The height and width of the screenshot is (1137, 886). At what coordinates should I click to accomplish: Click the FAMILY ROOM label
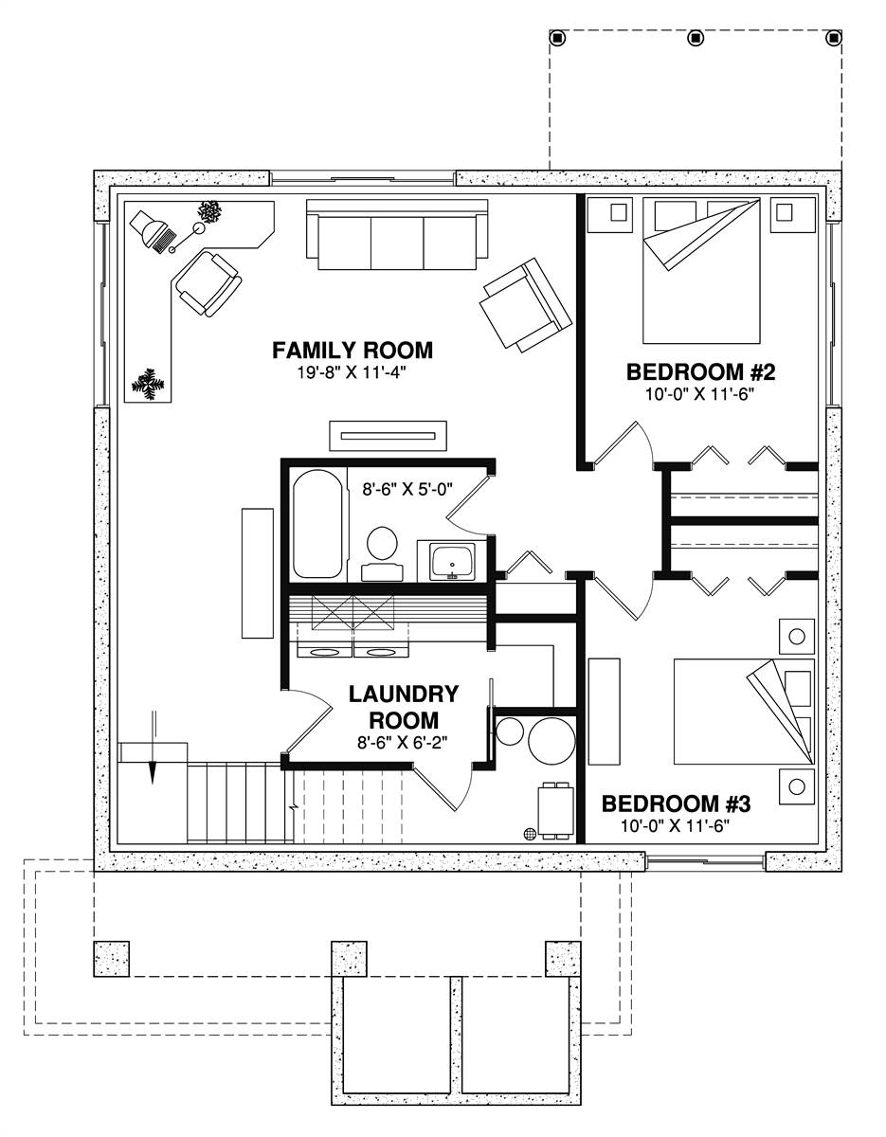pos(353,350)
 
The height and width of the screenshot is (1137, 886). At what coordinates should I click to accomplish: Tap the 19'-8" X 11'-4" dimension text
pos(353,372)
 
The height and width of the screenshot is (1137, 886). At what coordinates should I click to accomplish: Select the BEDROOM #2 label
pos(700,372)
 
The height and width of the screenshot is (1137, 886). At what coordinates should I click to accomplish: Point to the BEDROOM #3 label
pos(676,803)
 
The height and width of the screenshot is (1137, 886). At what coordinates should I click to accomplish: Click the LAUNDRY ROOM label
pos(403,707)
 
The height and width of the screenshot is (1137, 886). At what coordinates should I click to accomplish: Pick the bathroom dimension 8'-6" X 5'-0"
pos(407,489)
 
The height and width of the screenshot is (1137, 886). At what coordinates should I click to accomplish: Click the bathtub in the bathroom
pos(317,523)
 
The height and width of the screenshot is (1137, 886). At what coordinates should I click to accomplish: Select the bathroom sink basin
pos(452,562)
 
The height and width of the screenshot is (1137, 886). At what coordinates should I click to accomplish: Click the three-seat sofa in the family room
pos(397,234)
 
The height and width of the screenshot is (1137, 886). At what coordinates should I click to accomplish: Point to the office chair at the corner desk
pos(208,284)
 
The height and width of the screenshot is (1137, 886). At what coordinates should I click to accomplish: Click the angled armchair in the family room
pos(527,305)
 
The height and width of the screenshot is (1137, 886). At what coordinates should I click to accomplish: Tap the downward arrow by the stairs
pos(153,748)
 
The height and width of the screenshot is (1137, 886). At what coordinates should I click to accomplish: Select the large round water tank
pos(551,741)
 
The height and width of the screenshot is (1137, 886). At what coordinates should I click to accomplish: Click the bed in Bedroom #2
pos(701,270)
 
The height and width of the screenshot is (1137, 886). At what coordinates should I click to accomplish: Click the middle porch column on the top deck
pos(695,38)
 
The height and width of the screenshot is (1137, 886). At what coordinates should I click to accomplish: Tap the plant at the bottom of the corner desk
pos(148,385)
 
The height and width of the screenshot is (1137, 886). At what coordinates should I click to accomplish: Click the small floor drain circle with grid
pos(530,834)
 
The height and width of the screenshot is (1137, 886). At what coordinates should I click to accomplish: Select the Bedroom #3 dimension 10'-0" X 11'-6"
pos(676,826)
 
